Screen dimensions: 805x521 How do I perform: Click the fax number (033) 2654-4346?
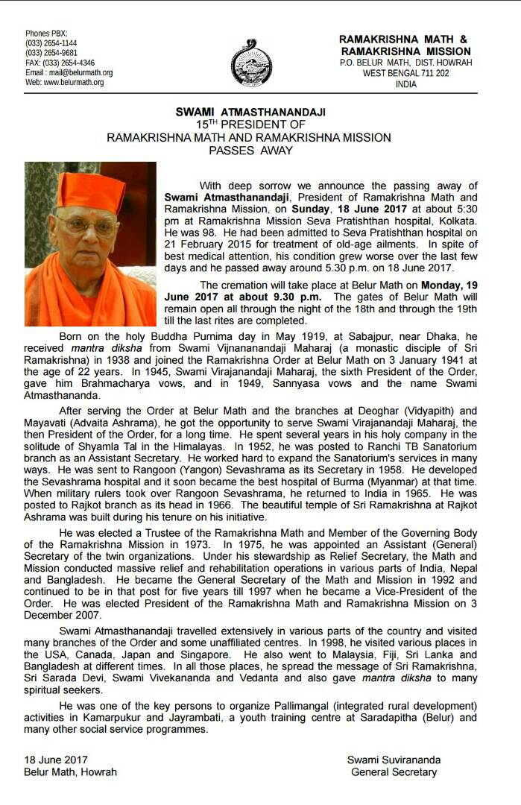[x=69, y=63]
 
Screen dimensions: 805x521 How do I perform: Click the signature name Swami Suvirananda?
[x=393, y=760]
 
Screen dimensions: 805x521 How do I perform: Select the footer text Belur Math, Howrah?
[x=70, y=771]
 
